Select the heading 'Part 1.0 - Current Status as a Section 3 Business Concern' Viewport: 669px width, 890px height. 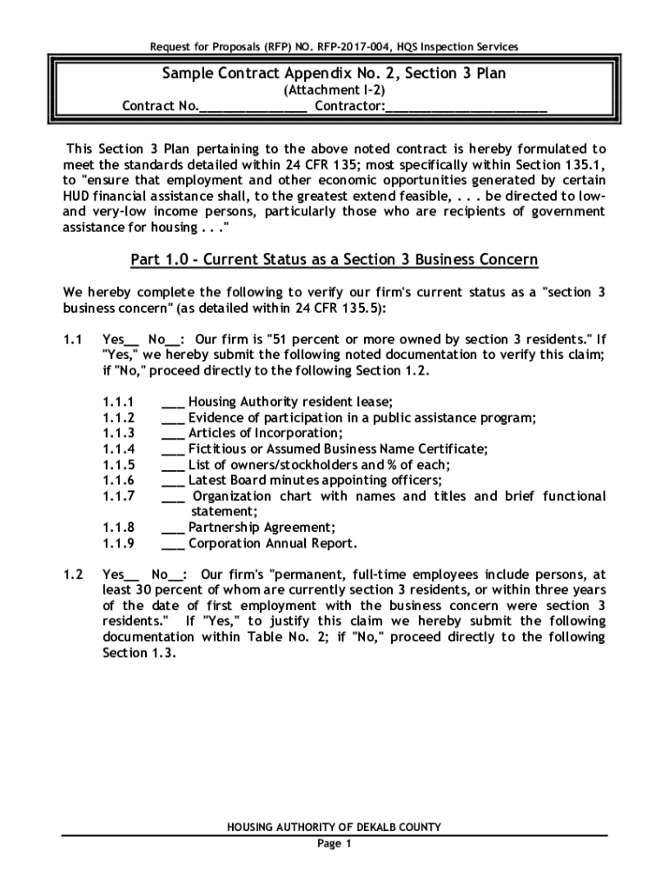(334, 260)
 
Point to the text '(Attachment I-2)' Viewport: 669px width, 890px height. (334, 90)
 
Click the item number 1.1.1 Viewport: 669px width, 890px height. (117, 402)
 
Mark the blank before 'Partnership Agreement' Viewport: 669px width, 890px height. (173, 528)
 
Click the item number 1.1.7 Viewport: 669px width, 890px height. (117, 496)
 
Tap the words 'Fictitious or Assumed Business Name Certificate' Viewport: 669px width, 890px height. (338, 448)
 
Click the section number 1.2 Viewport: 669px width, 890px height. (73, 575)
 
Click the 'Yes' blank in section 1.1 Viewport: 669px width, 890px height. (132, 339)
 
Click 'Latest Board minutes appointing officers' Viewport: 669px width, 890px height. (315, 481)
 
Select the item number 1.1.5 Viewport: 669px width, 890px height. (117, 464)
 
